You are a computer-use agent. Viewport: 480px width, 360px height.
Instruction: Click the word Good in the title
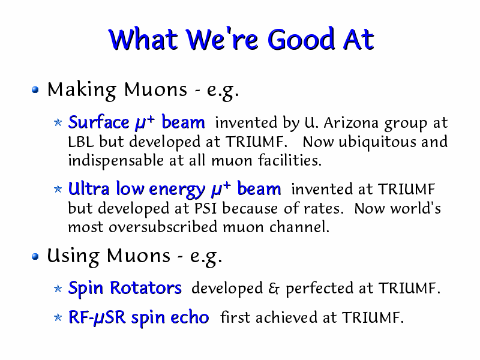pos(301,39)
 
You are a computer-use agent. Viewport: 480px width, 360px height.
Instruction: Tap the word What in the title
pos(143,39)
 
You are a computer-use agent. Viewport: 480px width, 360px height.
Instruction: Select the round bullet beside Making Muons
pos(35,89)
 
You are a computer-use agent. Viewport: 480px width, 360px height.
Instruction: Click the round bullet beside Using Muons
pos(35,256)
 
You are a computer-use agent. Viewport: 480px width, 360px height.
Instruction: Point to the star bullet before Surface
pos(58,122)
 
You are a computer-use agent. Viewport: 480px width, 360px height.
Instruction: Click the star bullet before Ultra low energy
pos(58,189)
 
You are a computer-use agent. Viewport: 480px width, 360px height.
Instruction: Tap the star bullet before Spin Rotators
pos(58,289)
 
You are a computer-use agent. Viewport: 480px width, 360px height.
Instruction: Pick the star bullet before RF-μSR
pos(58,317)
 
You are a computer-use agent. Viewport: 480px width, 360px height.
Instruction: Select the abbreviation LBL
pos(81,142)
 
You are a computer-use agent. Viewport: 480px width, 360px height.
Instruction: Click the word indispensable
pos(116,161)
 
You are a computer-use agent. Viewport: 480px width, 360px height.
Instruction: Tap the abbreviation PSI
pos(205,209)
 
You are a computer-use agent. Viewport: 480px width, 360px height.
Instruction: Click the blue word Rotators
pos(146,288)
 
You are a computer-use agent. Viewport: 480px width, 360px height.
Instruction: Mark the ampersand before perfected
pos(274,289)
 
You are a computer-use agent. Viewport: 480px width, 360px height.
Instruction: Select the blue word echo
pos(190,317)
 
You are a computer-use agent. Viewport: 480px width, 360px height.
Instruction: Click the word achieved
pos(286,317)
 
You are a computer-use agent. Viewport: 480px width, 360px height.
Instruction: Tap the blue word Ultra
pos(89,188)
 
